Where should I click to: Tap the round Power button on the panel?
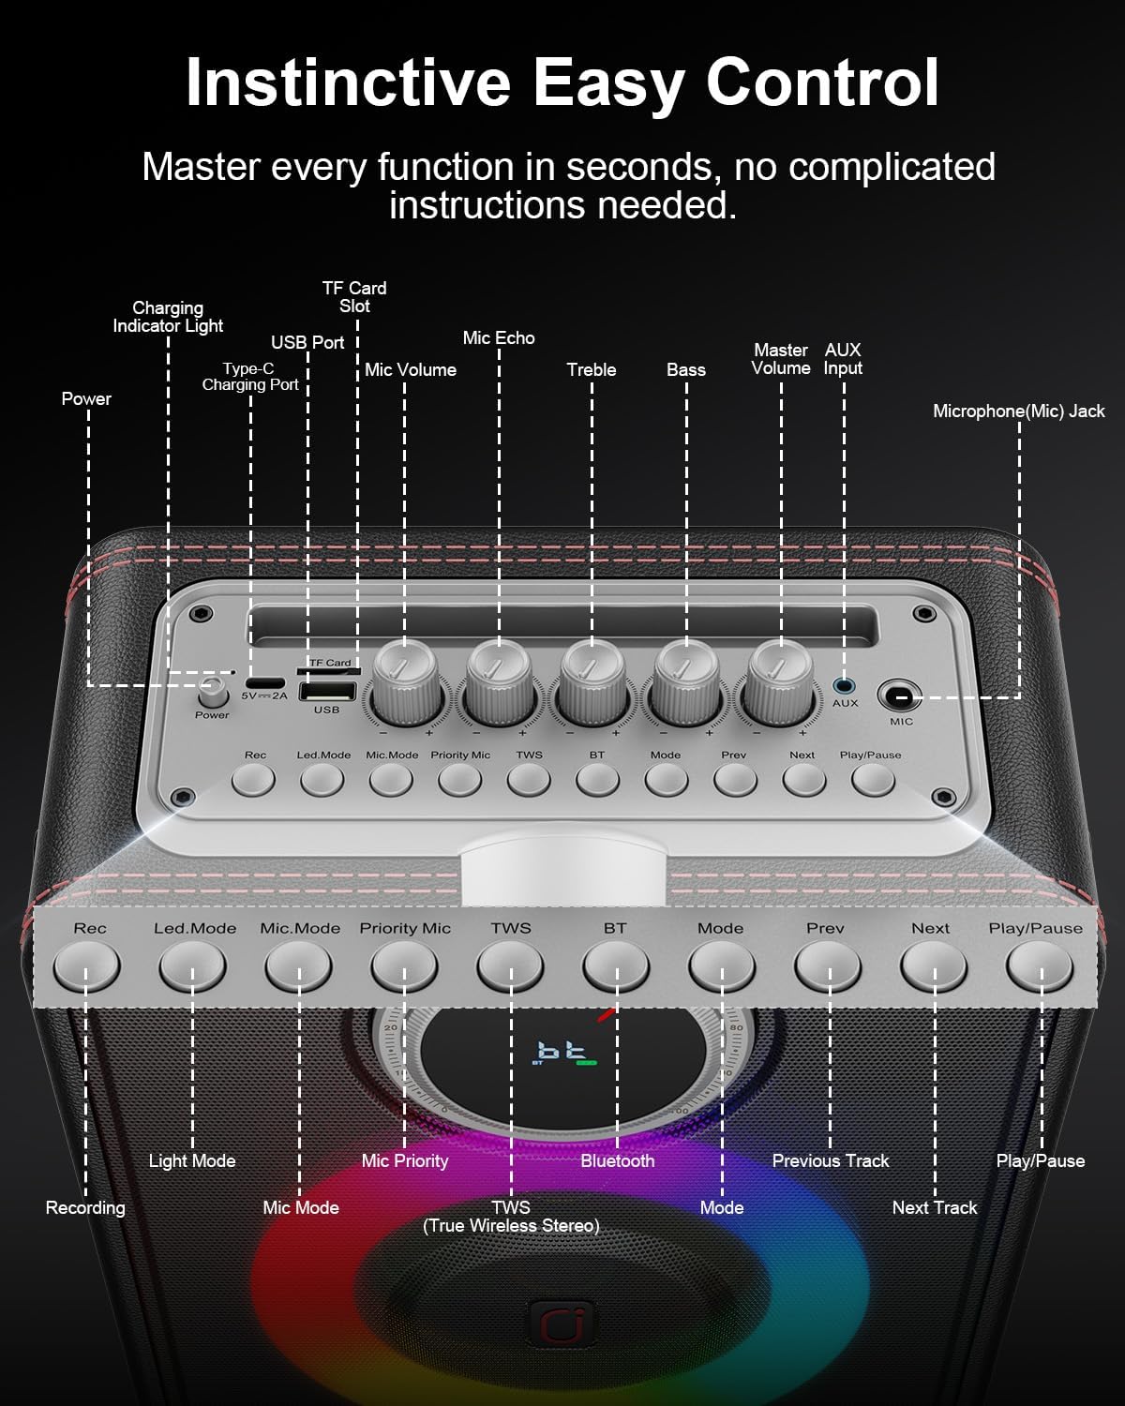[x=212, y=693]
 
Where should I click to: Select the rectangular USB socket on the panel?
[x=327, y=691]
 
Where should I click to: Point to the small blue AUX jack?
[x=844, y=686]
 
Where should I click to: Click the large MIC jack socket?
[x=900, y=697]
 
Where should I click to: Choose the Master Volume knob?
[x=780, y=683]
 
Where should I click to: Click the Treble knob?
[x=592, y=683]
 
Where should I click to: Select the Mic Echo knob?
[x=500, y=683]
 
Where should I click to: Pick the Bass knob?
[x=686, y=683]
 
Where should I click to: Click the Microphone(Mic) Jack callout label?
[x=1018, y=411]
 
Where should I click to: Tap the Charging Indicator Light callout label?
[x=168, y=317]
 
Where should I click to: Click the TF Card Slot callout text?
[x=355, y=296]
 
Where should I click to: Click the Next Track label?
[x=935, y=1207]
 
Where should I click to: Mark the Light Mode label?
[x=192, y=1160]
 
